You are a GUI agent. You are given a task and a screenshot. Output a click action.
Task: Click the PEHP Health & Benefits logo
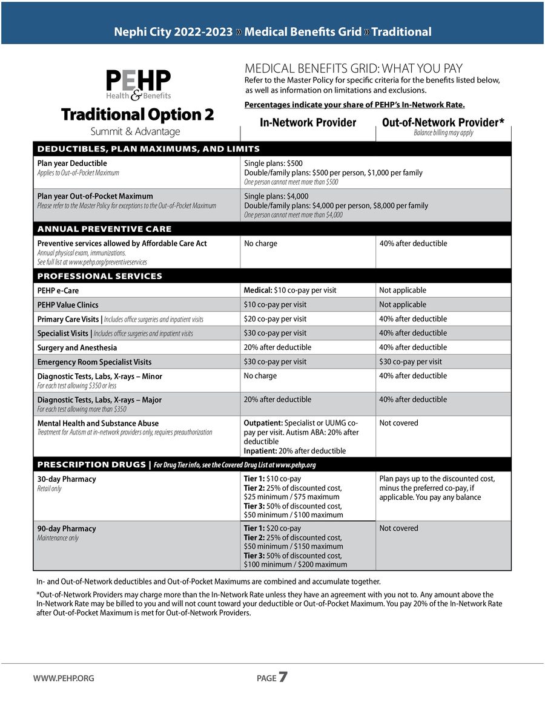(138, 85)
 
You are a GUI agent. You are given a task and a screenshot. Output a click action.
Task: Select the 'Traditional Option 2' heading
(137, 114)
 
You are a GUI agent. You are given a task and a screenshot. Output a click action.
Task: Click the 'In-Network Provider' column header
(308, 123)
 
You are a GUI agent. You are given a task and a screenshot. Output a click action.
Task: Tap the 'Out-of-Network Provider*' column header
(443, 123)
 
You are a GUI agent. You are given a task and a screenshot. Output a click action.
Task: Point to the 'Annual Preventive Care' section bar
(105, 229)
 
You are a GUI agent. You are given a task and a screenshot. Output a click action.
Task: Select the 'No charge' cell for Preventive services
(260, 243)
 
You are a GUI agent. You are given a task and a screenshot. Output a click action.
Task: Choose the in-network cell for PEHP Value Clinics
(275, 304)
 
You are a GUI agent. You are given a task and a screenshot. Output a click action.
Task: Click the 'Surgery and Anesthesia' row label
(77, 348)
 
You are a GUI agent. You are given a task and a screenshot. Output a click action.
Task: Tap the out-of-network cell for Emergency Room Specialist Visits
(410, 362)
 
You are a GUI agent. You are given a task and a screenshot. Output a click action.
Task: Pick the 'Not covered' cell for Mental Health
(398, 423)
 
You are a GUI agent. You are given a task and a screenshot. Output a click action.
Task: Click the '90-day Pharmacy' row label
(67, 529)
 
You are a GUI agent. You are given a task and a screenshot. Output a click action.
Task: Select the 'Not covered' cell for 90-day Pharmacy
(398, 528)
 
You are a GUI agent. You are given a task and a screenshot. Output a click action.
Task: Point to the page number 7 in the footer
(283, 678)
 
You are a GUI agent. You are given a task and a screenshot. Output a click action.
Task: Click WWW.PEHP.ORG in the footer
(64, 678)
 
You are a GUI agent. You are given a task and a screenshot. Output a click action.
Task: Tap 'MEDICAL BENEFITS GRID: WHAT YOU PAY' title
(353, 68)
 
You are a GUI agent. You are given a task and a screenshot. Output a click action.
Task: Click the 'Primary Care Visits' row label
(69, 319)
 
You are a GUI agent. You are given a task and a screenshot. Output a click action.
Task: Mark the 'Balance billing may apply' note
(443, 133)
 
